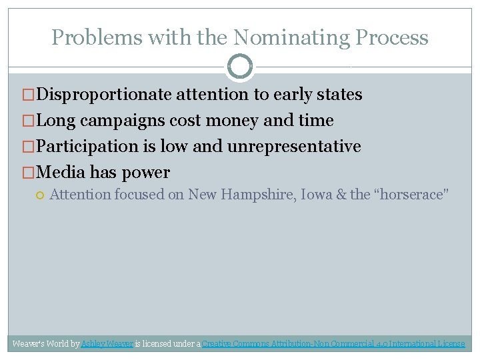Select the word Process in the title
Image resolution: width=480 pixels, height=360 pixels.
click(391, 37)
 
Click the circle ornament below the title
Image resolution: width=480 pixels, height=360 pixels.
click(240, 66)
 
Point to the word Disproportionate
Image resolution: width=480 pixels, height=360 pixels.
click(105, 95)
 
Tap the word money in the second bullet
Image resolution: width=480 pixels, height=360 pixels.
click(235, 121)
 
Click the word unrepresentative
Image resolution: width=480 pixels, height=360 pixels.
click(294, 147)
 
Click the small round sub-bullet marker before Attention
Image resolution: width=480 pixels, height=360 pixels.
click(40, 195)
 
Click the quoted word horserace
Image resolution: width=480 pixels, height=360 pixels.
click(410, 195)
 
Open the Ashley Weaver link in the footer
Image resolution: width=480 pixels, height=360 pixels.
click(107, 344)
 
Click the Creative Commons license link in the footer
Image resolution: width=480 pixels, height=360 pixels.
click(333, 344)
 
